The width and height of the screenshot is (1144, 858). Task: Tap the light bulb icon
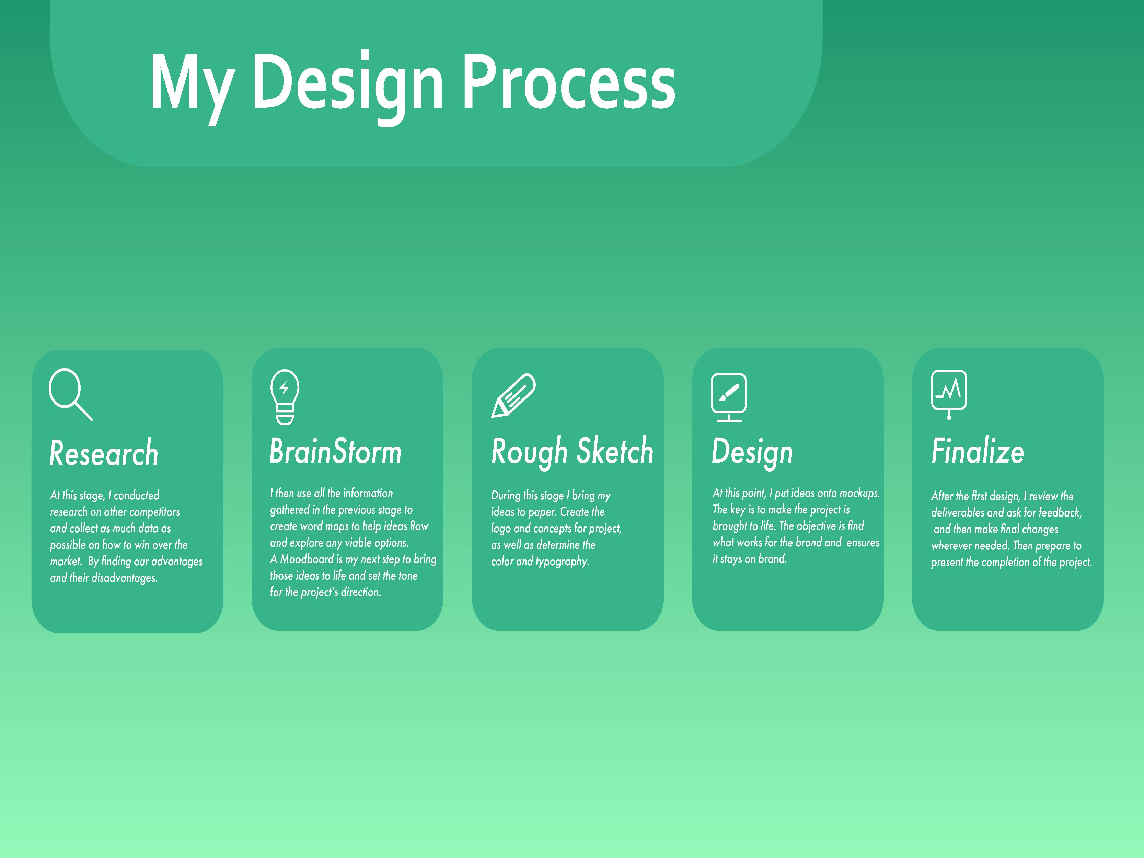click(x=285, y=397)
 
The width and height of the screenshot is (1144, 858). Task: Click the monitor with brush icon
click(x=729, y=397)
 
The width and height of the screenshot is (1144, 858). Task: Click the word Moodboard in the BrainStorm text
click(x=307, y=559)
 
